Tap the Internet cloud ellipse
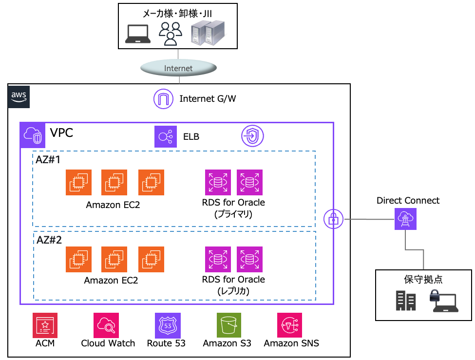pyautogui.click(x=178, y=68)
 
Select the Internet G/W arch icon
pyautogui.click(x=164, y=99)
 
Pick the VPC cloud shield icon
pyautogui.click(x=32, y=135)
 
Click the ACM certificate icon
pyautogui.click(x=45, y=325)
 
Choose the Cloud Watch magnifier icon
pyautogui.click(x=106, y=325)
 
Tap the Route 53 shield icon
pyautogui.click(x=167, y=325)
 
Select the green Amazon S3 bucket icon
pyautogui.click(x=229, y=325)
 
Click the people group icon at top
pyautogui.click(x=171, y=33)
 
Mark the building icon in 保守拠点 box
pyautogui.click(x=405, y=301)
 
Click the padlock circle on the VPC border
pyautogui.click(x=334, y=219)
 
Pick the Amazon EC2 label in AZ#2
pyautogui.click(x=111, y=281)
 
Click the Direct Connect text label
pyautogui.click(x=408, y=201)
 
